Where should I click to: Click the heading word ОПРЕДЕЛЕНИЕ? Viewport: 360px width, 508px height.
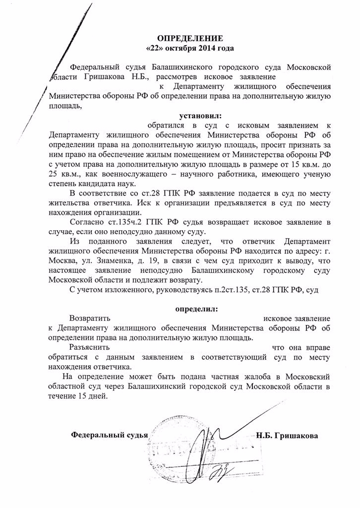click(190, 38)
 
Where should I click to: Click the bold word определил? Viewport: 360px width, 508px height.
click(196, 308)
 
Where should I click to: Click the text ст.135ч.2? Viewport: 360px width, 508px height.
click(130, 222)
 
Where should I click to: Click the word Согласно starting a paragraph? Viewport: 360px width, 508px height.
click(87, 222)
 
